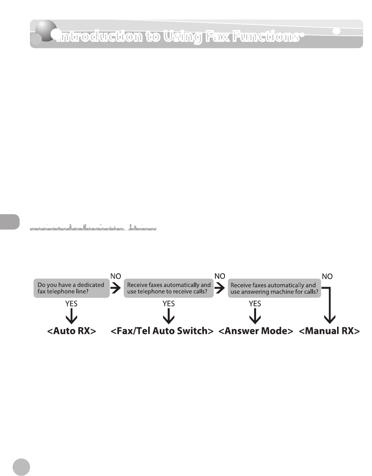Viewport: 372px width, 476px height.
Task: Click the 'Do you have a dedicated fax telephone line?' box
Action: (71, 288)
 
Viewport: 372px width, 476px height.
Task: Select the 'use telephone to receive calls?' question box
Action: (169, 288)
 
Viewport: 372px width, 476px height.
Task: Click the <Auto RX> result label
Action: (71, 331)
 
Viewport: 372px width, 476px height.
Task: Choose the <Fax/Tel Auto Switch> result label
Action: (162, 331)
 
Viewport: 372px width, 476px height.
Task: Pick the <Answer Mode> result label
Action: (256, 331)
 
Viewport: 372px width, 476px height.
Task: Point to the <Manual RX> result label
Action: (329, 331)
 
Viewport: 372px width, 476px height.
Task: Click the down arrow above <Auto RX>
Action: (71, 316)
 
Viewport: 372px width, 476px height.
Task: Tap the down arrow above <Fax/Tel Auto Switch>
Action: (169, 316)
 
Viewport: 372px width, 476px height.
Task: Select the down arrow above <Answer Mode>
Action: (255, 316)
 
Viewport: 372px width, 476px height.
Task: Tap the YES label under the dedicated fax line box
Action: (71, 304)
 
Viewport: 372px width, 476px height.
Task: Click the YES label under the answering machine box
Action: (255, 304)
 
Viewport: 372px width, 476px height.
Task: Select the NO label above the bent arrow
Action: (327, 276)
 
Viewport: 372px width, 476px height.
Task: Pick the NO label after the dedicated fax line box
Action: (116, 276)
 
